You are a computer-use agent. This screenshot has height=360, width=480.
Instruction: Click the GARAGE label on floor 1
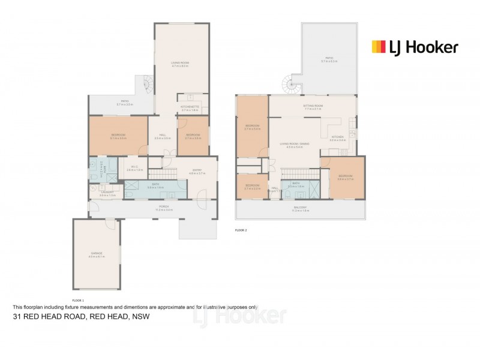(97, 253)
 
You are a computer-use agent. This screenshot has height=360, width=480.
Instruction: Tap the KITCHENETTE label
(190, 107)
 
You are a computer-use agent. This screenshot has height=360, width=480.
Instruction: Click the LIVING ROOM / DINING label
(295, 144)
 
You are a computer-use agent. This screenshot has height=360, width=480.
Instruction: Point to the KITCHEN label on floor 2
(337, 137)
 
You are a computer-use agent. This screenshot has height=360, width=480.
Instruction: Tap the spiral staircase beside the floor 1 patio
(146, 87)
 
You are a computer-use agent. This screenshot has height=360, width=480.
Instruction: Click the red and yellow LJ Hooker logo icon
(378, 47)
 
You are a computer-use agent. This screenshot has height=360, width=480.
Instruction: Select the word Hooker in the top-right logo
(433, 47)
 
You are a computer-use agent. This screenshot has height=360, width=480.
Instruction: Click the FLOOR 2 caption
(241, 229)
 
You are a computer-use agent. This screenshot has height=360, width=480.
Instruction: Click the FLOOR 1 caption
(78, 299)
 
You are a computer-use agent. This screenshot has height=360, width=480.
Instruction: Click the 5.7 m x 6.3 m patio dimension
(329, 61)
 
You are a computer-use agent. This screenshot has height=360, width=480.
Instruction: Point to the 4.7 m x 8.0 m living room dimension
(180, 66)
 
